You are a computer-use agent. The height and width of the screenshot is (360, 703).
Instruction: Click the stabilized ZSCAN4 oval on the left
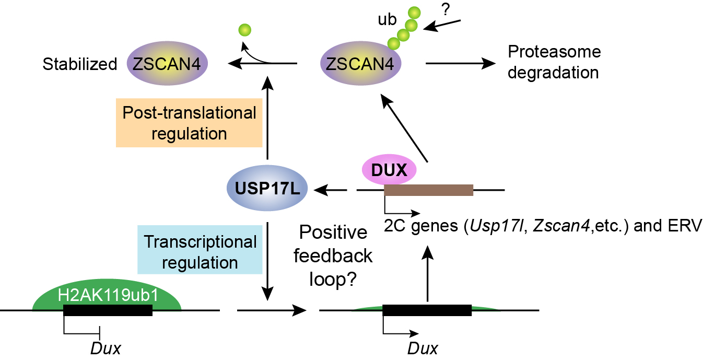167,64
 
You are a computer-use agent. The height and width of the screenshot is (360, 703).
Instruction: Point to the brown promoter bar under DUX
428,190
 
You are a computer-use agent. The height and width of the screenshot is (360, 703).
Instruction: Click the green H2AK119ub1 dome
108,296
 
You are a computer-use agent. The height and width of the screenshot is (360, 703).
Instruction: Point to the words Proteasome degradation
554,62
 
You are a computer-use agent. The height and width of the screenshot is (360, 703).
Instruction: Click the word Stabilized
79,64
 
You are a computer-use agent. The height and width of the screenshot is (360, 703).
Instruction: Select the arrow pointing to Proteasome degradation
460,64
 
